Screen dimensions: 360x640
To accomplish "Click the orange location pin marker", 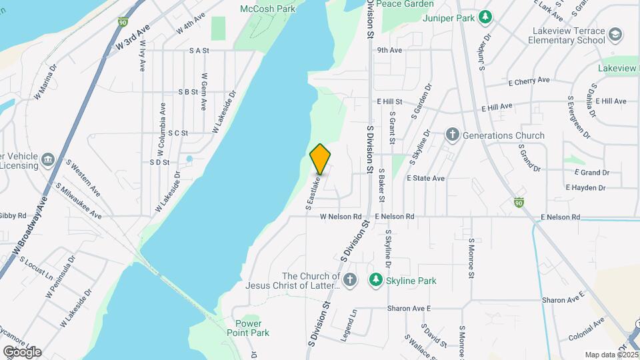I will (320, 159).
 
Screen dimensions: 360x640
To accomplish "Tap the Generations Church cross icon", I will (452, 135).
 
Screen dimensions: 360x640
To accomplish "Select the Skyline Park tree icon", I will (376, 280).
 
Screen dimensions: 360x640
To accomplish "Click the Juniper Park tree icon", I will (487, 16).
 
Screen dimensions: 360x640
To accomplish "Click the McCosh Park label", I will (269, 9).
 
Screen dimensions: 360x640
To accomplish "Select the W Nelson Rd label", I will (340, 217).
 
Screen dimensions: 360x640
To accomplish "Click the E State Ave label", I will (425, 179).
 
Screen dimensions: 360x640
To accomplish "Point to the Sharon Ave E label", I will (411, 309).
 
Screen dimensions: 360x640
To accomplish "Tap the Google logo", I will (22, 351).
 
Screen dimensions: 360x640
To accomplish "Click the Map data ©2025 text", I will (611, 355).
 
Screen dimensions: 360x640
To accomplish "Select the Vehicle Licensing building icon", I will (47, 159).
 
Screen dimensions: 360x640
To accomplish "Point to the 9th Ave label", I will (389, 50).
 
